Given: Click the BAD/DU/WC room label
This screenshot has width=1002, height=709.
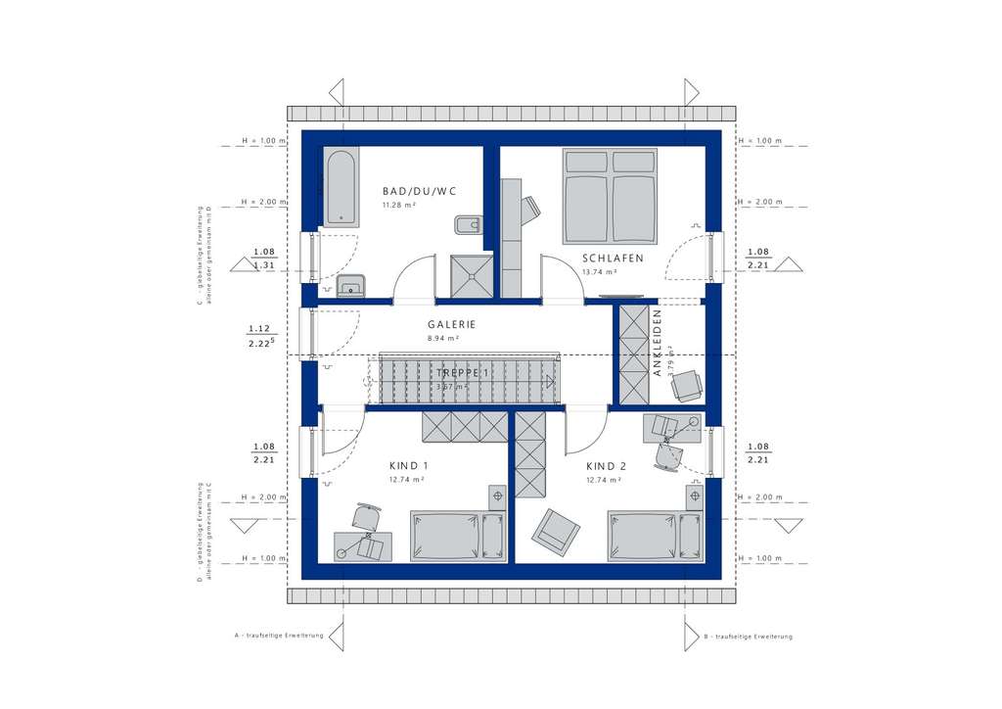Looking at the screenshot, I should coord(420,191).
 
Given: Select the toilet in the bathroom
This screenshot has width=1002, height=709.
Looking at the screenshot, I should coord(468,225).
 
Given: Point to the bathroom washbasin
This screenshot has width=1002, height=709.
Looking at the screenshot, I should coord(349,286).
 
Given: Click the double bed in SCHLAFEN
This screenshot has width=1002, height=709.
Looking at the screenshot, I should coord(609,195).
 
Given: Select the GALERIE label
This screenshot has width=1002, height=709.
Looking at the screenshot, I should coord(451,324).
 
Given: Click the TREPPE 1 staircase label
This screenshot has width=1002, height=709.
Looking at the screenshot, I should coord(459,373).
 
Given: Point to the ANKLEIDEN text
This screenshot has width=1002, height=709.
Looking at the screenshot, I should coord(659,342).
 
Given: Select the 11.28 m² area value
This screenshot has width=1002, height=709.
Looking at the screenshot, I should coord(399,205).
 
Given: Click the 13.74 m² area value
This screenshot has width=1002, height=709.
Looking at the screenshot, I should coord(599,272).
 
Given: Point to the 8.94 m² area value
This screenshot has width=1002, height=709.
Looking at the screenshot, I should coord(443,338).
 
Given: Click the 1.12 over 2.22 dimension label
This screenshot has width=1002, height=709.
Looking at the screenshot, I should coord(261,335).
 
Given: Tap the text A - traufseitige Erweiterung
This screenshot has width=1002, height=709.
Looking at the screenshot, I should coord(279,637).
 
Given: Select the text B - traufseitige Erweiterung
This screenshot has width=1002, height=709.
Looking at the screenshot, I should coord(748,637).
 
